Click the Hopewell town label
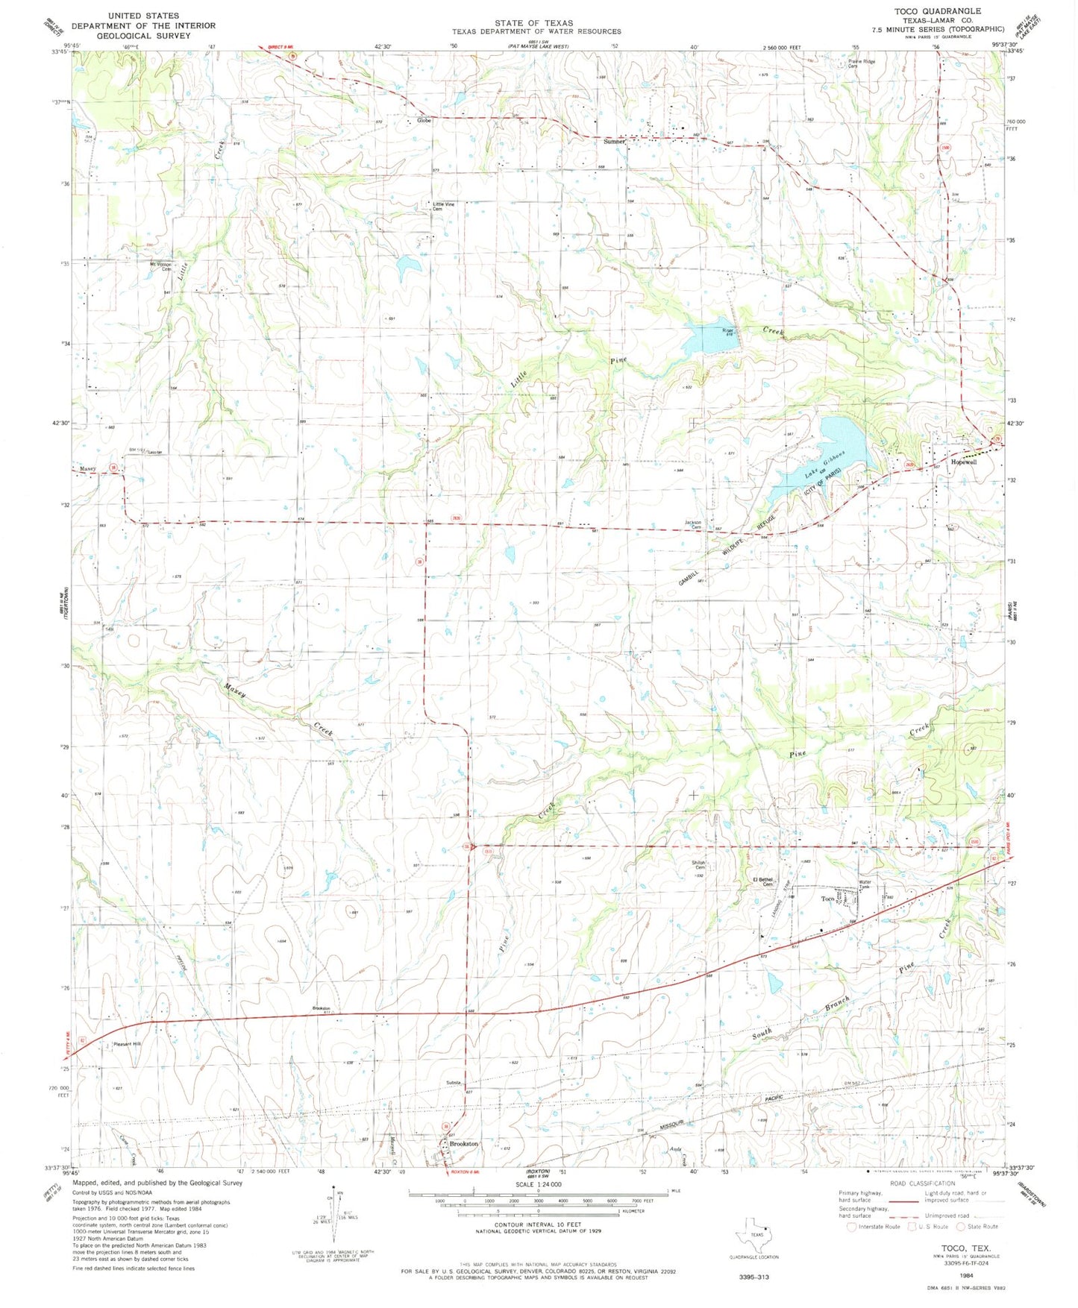[963, 462]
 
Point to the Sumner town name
[614, 141]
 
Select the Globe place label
[424, 120]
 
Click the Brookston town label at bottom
[463, 1144]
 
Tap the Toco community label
[827, 899]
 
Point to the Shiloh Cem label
[699, 866]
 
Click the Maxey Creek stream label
[276, 708]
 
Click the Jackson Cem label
[695, 525]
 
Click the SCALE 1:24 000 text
[537, 1184]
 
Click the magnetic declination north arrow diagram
[333, 1210]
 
